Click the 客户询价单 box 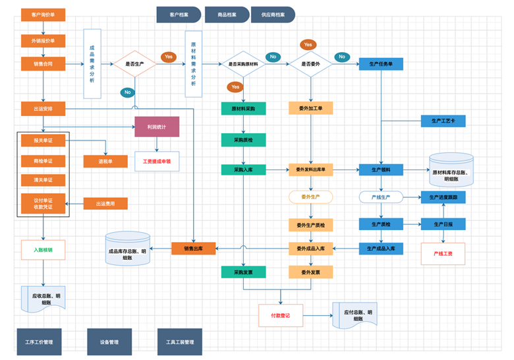point(43,14)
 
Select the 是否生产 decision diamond point(134,64)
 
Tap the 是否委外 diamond point(310,64)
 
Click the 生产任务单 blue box point(381,64)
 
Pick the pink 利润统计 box point(157,126)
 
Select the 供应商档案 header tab point(273,15)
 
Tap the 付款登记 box point(280,315)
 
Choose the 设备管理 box point(109,342)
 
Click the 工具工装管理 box point(179,342)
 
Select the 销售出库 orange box point(194,248)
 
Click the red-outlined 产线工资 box point(443,253)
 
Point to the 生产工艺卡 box point(443,121)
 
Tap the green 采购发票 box point(243,271)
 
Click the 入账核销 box point(43,250)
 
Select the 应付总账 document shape point(355,316)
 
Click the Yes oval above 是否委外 point(308,44)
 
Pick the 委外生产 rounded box point(310,196)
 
